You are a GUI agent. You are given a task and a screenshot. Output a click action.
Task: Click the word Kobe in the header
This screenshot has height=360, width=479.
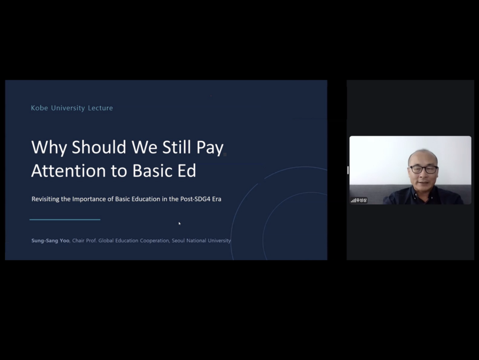(x=39, y=108)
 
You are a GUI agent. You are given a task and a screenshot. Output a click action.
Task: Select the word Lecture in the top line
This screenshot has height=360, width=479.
(x=100, y=108)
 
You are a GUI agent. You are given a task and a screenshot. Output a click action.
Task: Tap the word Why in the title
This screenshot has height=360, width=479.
(x=49, y=148)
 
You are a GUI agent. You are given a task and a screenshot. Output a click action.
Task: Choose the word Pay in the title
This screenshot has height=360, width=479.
(x=210, y=148)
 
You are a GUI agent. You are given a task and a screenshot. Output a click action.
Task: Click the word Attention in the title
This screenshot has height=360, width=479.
(x=69, y=170)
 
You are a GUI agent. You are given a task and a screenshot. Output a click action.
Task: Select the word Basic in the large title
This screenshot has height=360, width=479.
(x=152, y=170)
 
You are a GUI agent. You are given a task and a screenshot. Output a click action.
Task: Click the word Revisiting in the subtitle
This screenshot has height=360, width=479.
(x=46, y=199)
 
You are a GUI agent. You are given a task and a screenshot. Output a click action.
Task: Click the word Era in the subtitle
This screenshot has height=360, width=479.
(x=217, y=199)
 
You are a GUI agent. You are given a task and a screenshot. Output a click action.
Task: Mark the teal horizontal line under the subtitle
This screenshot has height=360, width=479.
(x=65, y=220)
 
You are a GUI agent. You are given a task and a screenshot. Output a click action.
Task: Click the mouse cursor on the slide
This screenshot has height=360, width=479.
(x=180, y=224)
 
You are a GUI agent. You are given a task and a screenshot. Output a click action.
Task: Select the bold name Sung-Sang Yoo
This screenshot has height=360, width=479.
(x=50, y=241)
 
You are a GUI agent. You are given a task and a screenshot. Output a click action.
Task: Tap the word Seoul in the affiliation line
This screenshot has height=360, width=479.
(x=178, y=240)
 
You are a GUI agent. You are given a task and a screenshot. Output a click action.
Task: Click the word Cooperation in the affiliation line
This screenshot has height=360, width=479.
(x=154, y=241)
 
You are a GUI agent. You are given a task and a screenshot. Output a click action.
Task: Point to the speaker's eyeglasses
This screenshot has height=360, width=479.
(x=424, y=169)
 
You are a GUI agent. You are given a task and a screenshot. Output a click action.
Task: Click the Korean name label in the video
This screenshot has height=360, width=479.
(x=361, y=200)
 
